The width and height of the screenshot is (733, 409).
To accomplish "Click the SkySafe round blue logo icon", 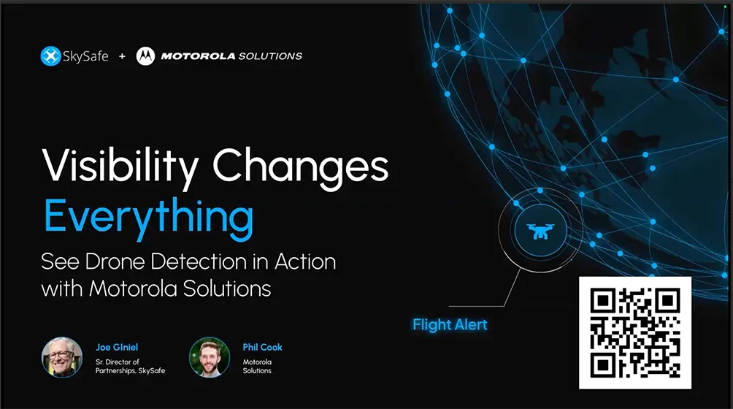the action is (x=50, y=56).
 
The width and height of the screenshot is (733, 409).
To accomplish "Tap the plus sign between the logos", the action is (x=122, y=56).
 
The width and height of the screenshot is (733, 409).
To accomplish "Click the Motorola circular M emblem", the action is (x=145, y=56).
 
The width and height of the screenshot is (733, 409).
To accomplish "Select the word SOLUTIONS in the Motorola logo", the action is (x=270, y=56).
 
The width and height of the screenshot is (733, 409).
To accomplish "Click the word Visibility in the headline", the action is (x=120, y=167).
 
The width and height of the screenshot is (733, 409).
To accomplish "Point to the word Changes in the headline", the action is (x=301, y=167).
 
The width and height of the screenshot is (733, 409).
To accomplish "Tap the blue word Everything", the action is (x=149, y=217).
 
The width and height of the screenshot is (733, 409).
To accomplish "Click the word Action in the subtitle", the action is (x=305, y=261).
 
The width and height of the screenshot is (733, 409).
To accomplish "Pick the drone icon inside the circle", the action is (x=540, y=231).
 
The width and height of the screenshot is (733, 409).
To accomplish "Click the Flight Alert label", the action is (x=450, y=324).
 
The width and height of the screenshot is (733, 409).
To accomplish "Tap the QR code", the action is (x=635, y=333).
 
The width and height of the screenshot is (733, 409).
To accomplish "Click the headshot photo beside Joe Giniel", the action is (x=62, y=357).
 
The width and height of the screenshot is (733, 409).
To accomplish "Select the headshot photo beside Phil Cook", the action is (x=210, y=357).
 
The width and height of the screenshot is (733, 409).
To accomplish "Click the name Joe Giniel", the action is (x=117, y=348).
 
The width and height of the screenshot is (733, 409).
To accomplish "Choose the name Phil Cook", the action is (x=262, y=348).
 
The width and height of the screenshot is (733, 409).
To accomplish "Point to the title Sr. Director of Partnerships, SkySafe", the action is (x=130, y=366).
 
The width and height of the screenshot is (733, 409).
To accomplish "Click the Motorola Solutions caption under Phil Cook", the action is (x=257, y=366).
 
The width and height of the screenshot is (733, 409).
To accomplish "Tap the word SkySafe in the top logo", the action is (x=85, y=56).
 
